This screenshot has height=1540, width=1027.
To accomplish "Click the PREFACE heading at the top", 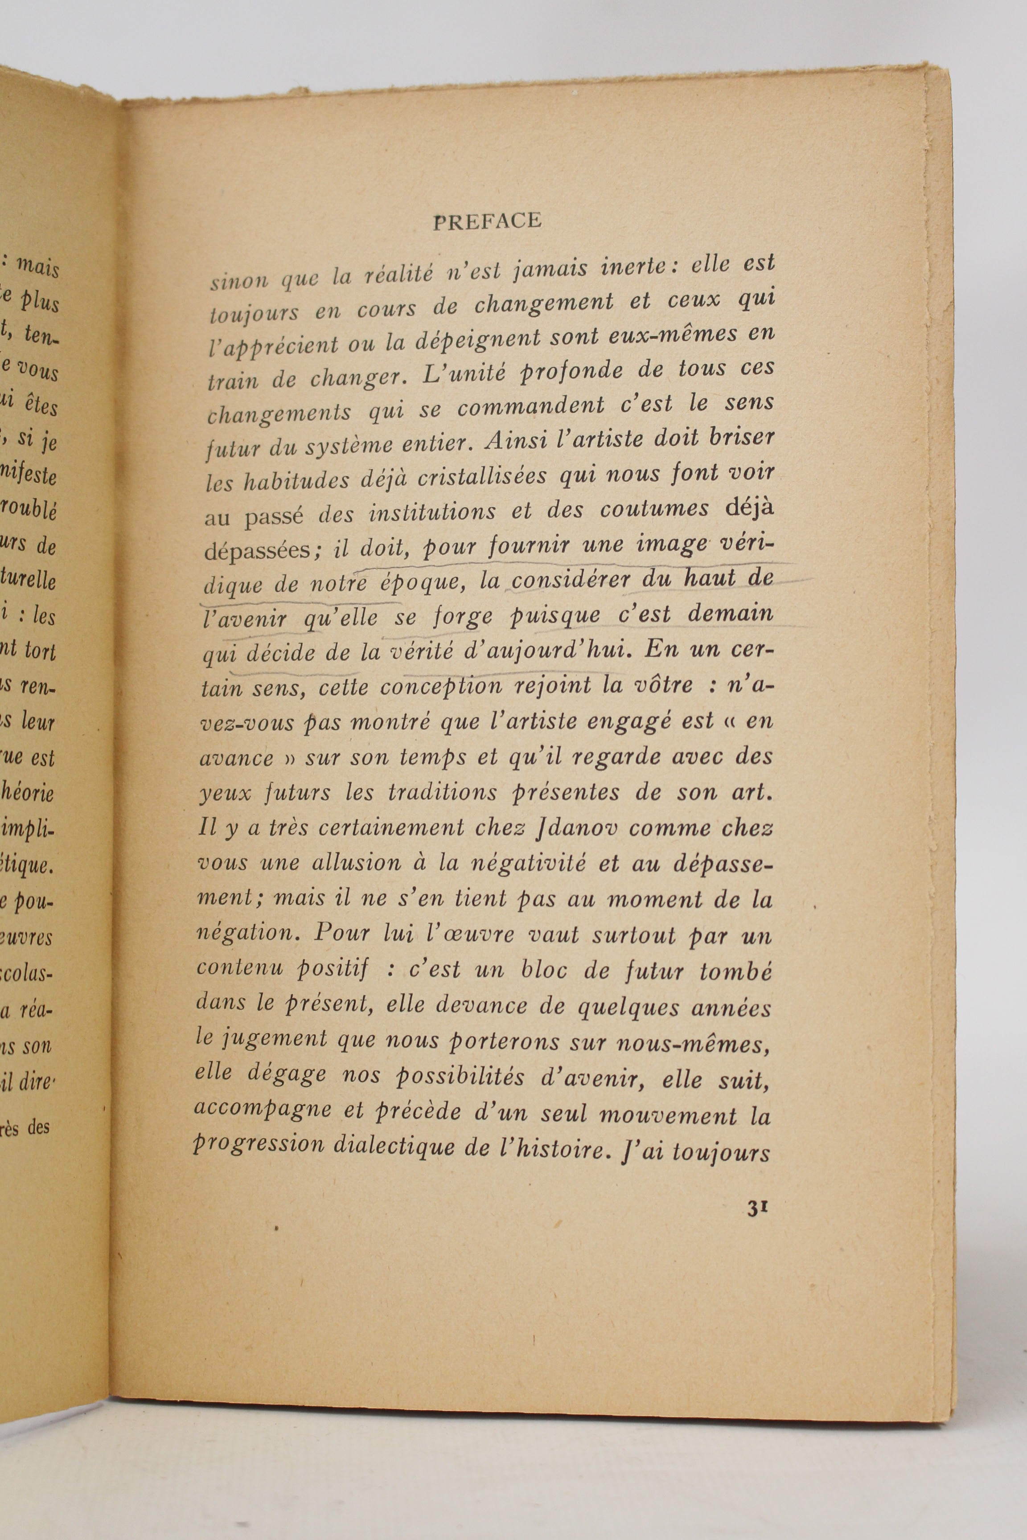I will click(x=487, y=221).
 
